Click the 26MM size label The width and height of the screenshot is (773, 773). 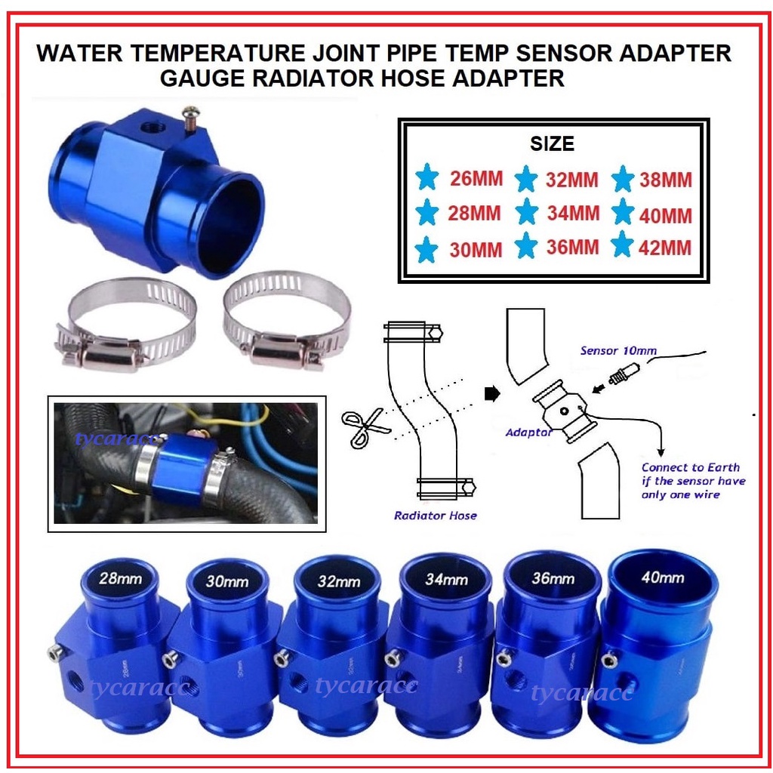tap(475, 180)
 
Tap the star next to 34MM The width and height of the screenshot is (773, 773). tap(526, 214)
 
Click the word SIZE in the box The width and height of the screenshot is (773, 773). tap(553, 143)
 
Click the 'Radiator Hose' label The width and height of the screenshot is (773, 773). tap(436, 516)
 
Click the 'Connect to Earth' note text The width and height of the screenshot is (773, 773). tap(690, 467)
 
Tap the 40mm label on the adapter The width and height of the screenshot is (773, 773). tap(662, 577)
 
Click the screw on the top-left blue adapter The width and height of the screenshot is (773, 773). tap(191, 115)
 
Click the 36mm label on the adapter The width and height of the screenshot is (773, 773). tap(553, 579)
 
